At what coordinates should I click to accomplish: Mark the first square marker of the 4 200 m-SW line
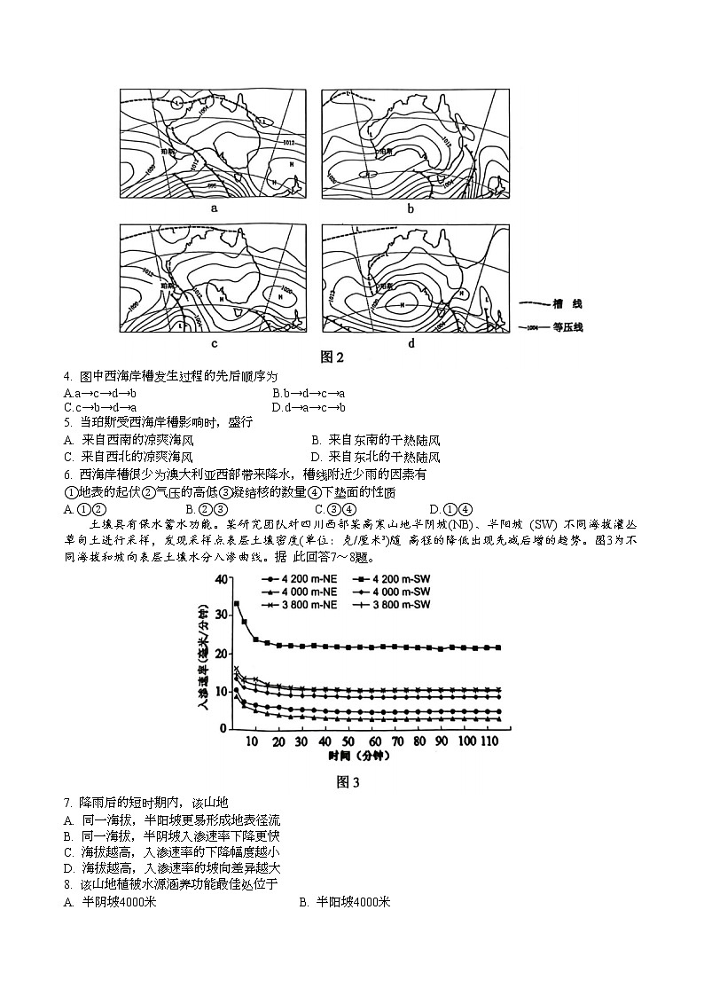pos(237,603)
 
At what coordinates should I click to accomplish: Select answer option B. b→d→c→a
pos(309,393)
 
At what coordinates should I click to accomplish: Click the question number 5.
pos(67,423)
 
